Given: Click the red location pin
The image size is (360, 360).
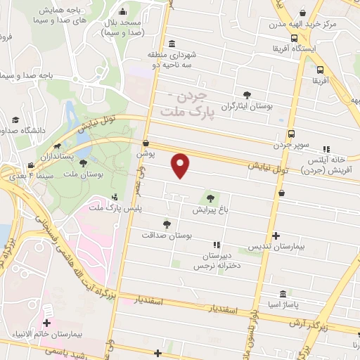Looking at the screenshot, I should coord(181,165).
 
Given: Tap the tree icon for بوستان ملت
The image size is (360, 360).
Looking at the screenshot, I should coord(84,163).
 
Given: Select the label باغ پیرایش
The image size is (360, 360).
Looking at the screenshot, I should coord(209,210).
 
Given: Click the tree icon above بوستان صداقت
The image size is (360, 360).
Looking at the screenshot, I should coord(166,224).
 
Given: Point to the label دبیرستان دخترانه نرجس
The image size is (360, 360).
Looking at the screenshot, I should coord(217,262).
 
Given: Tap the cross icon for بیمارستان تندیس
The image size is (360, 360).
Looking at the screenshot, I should coord(276,236).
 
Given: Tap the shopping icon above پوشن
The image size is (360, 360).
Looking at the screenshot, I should coord(145,143).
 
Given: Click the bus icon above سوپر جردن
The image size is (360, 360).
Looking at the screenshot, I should coord(291,134).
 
